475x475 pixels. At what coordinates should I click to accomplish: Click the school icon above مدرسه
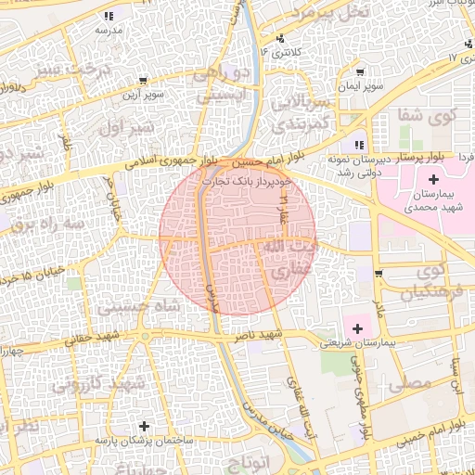109,16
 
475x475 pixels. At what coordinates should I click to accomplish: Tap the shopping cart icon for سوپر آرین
142,81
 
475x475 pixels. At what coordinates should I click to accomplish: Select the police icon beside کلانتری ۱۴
280,40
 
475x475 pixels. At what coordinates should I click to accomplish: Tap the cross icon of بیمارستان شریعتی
357,327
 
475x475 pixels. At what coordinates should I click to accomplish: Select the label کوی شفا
428,116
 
